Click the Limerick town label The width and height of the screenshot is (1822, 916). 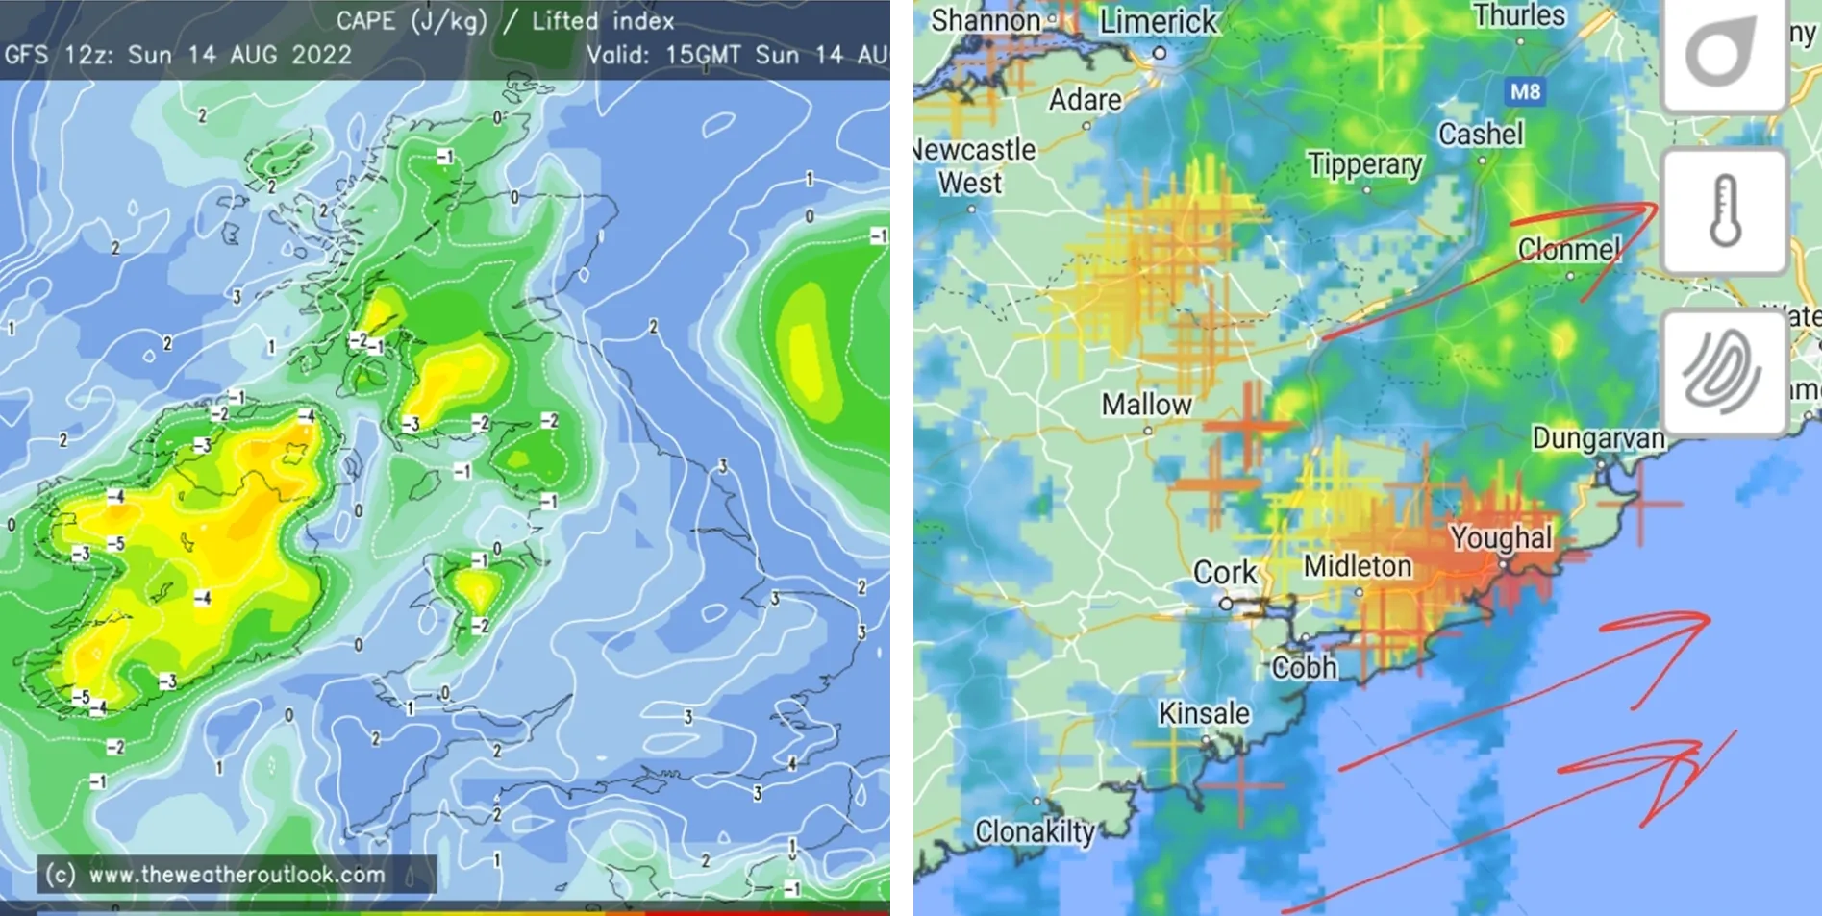point(1158,21)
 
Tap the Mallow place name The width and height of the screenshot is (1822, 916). point(1146,405)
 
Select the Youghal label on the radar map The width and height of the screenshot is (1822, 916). point(1501,538)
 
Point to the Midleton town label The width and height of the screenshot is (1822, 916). point(1357,566)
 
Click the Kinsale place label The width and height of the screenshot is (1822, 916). point(1204,713)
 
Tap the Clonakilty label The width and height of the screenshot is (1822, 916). point(1035,831)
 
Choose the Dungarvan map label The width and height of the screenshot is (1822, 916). point(1598,438)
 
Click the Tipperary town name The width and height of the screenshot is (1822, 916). point(1364,164)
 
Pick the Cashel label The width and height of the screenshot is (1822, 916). point(1481,134)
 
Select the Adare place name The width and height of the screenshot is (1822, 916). point(1085,100)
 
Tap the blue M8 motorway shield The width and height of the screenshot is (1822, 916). point(1525,92)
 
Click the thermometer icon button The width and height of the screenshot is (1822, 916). point(1725,210)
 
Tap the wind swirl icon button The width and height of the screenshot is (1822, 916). point(1725,372)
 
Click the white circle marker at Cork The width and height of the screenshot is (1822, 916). point(1226,604)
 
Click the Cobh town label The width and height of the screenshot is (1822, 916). point(1304,667)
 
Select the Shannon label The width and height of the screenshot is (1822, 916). point(986,20)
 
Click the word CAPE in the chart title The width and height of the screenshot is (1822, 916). point(365,20)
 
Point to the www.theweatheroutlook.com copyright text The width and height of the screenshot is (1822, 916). point(237,875)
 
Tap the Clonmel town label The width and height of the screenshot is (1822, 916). point(1569,250)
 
